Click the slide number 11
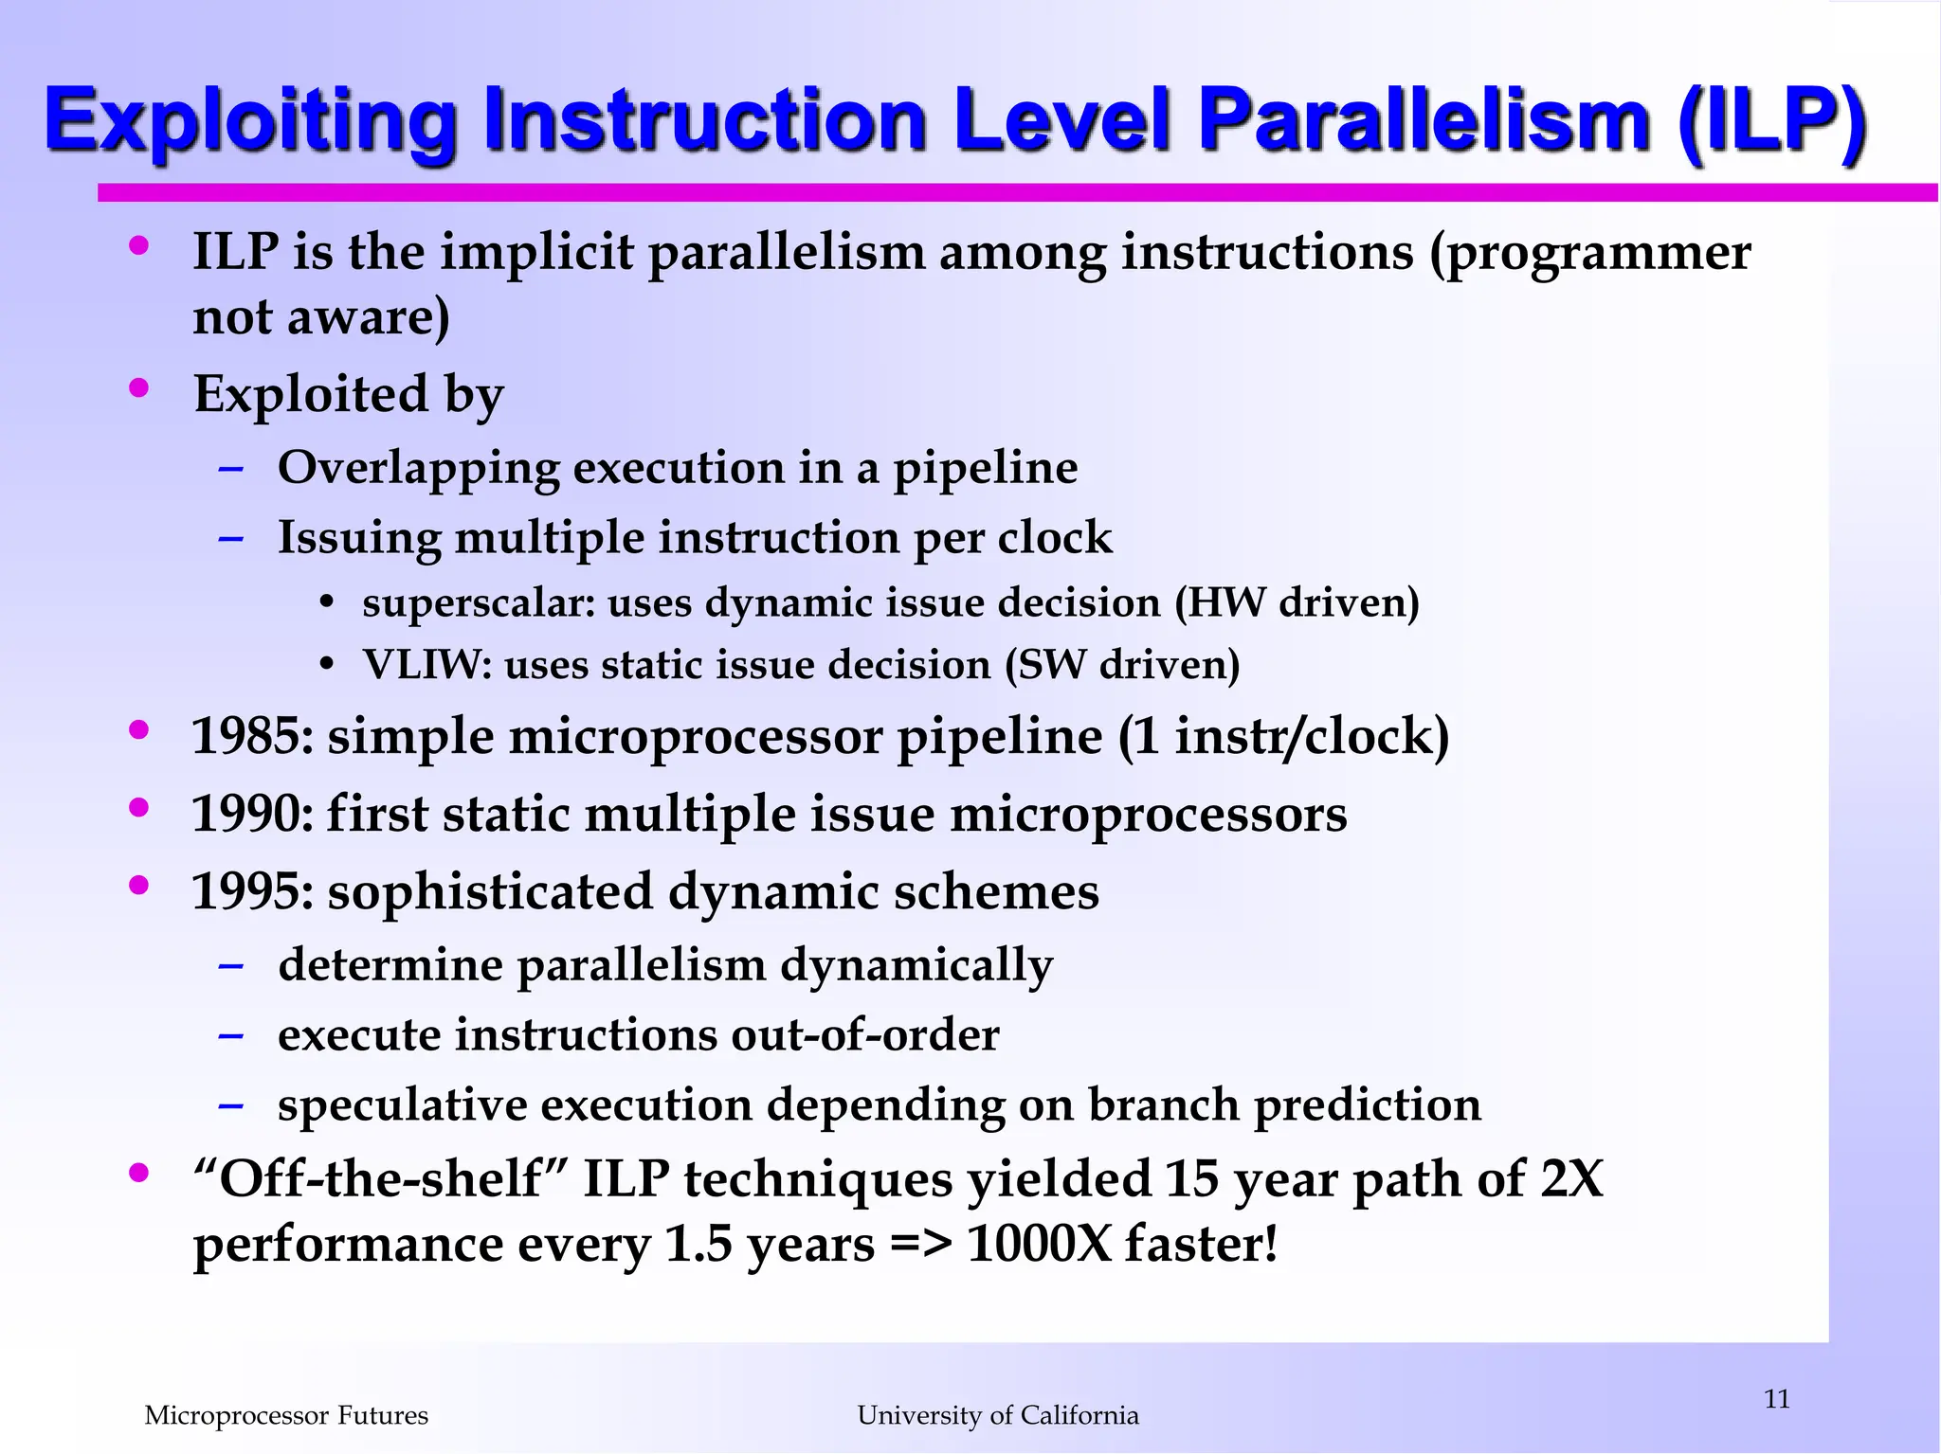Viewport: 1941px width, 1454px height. pyautogui.click(x=1777, y=1399)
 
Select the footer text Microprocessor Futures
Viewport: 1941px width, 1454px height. pyautogui.click(x=286, y=1415)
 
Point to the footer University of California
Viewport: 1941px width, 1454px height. pyautogui.click(x=998, y=1415)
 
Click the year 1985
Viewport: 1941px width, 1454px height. pyautogui.click(x=248, y=737)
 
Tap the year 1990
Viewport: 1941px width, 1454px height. pyautogui.click(x=248, y=815)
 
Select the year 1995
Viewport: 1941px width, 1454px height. pyautogui.click(x=248, y=892)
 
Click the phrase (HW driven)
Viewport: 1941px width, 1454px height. pyautogui.click(x=1297, y=603)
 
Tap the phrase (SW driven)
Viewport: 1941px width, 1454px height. pyautogui.click(x=1122, y=665)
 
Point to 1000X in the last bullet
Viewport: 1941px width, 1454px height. pyautogui.click(x=1038, y=1244)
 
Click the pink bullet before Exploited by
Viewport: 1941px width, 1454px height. pyautogui.click(x=139, y=387)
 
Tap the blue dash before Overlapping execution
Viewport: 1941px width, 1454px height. pyautogui.click(x=230, y=469)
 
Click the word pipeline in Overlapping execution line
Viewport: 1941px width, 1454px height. pyautogui.click(x=985, y=469)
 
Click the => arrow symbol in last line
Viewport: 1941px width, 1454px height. pyautogui.click(x=920, y=1244)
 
